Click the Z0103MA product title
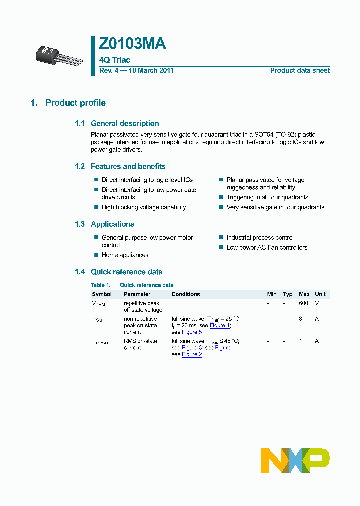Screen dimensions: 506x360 (132, 44)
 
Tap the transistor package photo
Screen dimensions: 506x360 (56, 53)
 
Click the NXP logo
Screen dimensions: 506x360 (295, 460)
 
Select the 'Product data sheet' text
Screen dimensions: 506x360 (300, 70)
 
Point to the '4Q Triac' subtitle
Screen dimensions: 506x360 (115, 60)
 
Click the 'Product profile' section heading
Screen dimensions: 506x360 (75, 103)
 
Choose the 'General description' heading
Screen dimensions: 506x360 (125, 123)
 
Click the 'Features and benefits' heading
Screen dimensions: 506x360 (128, 166)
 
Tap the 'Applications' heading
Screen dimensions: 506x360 (112, 224)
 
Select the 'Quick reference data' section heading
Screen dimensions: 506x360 (126, 272)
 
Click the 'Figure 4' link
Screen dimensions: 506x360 (219, 325)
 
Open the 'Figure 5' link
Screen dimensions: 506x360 (192, 332)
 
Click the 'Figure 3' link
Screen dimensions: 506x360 (192, 347)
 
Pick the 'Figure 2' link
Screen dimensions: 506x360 (192, 354)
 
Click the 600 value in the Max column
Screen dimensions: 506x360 (303, 303)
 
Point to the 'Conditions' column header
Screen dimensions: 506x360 (185, 294)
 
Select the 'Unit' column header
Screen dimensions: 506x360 (320, 294)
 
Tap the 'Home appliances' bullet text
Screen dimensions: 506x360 (125, 255)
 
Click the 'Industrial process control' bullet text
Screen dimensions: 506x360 (260, 238)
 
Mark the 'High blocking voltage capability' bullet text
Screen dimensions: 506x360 (144, 207)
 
